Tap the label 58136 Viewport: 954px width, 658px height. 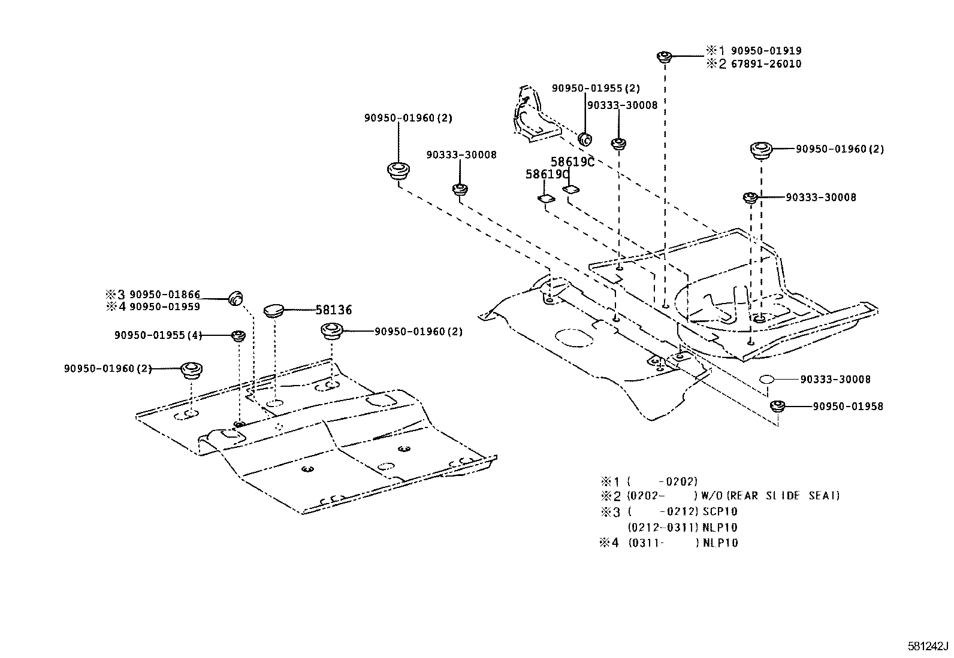click(x=333, y=310)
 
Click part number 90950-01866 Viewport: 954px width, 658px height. click(x=165, y=295)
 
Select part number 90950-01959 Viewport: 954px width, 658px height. click(x=165, y=307)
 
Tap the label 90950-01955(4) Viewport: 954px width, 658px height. click(x=158, y=335)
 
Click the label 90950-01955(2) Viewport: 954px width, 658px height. click(x=596, y=88)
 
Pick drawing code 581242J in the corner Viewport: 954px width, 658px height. click(x=928, y=646)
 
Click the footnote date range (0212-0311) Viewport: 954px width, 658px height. click(x=663, y=527)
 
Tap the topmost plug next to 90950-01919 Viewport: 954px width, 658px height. click(x=663, y=57)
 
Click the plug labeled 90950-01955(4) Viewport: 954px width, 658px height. click(x=238, y=335)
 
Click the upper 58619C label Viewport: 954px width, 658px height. click(x=572, y=162)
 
